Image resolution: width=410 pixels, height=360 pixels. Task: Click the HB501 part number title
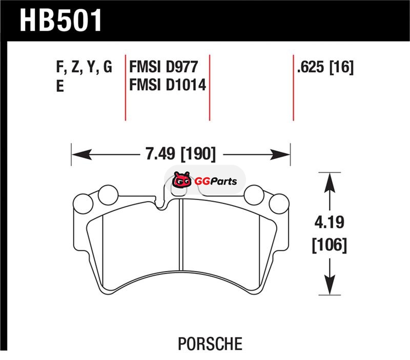point(60,21)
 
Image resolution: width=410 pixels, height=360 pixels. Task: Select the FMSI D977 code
point(163,67)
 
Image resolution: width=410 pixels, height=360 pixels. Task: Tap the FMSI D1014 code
point(168,85)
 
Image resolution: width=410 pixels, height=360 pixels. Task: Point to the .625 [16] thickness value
point(325,67)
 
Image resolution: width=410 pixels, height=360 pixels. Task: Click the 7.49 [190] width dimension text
point(181,153)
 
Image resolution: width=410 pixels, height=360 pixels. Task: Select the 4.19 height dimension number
point(329,223)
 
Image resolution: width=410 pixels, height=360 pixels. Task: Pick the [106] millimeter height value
point(330,245)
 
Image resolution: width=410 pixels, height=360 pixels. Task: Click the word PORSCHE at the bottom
point(210,344)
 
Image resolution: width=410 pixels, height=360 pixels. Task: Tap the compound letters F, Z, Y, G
point(84,67)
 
